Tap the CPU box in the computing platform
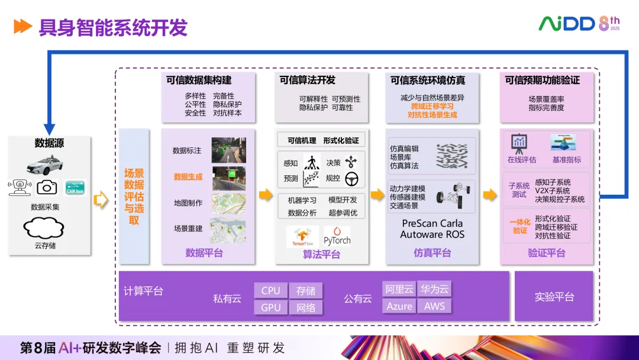[270, 291]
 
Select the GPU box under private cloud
[270, 307]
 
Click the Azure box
[399, 306]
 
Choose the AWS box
[434, 306]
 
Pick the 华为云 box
[434, 290]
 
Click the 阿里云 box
[399, 290]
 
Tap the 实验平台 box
[554, 297]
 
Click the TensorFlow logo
[303, 237]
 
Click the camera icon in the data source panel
[47, 188]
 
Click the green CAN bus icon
[75, 187]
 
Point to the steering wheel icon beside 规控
[351, 178]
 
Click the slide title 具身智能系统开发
[113, 27]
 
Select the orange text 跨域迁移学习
[432, 107]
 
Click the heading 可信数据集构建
[199, 81]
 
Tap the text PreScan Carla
[432, 224]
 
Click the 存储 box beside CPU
[306, 291]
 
